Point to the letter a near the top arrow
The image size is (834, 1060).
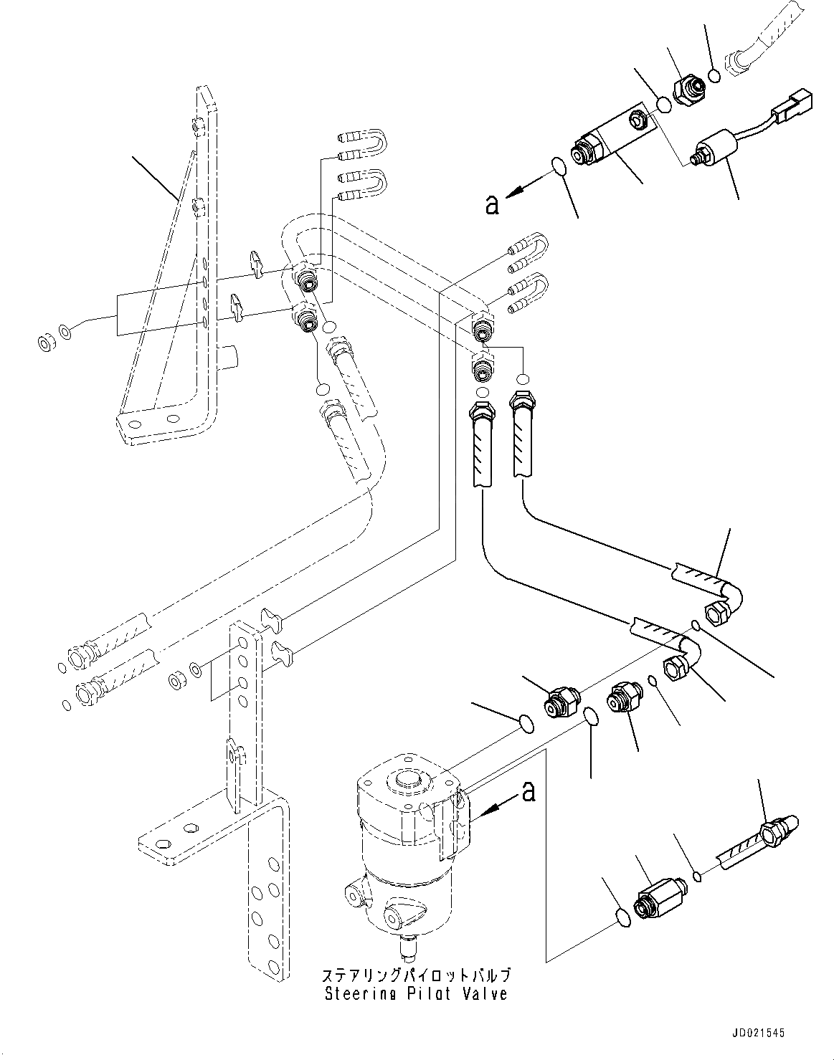click(492, 204)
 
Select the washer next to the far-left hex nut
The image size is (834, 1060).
click(65, 332)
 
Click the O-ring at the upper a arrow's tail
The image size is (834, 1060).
click(559, 166)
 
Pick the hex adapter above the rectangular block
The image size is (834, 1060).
click(688, 90)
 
